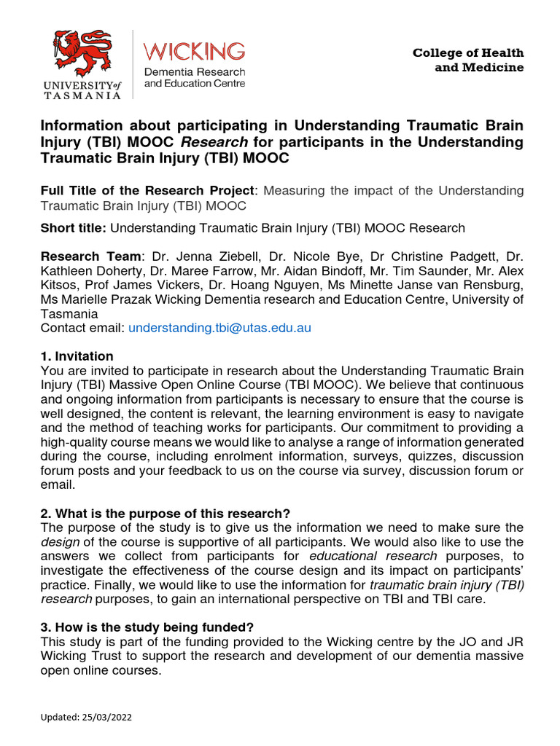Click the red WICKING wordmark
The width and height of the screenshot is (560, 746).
tap(195, 51)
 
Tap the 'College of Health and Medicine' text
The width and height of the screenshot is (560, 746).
tap(468, 60)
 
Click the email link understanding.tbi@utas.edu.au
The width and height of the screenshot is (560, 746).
tap(219, 328)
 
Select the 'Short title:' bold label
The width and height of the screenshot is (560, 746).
tap(74, 228)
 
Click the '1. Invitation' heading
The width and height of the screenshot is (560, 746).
tap(77, 356)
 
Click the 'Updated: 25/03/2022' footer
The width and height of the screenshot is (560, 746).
tap(86, 717)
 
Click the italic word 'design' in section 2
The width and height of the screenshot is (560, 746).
tap(55, 542)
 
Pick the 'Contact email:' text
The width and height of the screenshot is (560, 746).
tap(82, 328)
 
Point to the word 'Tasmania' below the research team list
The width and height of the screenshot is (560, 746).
tap(69, 314)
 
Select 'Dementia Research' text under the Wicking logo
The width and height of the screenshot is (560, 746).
tap(195, 72)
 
